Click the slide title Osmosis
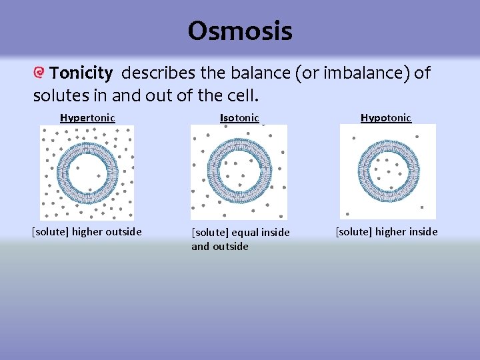pyautogui.click(x=239, y=31)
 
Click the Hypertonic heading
pyautogui.click(x=87, y=118)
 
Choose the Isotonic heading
pyautogui.click(x=239, y=118)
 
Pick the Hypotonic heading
pyautogui.click(x=386, y=118)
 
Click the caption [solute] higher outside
pyautogui.click(x=87, y=232)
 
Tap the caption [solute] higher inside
pyautogui.click(x=387, y=232)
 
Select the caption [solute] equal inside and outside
pyautogui.click(x=240, y=239)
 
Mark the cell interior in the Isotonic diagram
pyautogui.click(x=239, y=172)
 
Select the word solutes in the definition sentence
pyautogui.click(x=55, y=95)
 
